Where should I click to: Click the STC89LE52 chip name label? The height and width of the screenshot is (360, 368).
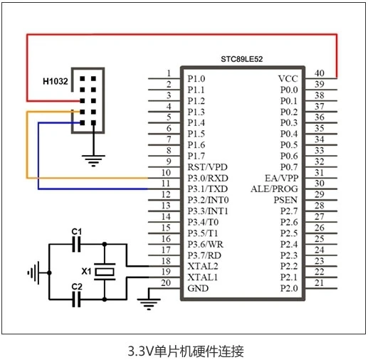(242, 59)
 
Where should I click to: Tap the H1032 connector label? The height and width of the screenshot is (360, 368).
(56, 81)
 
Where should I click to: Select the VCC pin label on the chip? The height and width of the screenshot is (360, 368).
(288, 79)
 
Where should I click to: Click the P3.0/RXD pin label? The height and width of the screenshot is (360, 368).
(208, 178)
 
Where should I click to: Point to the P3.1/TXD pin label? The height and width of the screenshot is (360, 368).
(208, 189)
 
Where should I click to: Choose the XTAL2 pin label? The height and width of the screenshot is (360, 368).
(203, 266)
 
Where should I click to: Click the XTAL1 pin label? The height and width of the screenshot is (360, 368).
(203, 277)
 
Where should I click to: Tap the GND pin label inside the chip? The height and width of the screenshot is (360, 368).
(198, 288)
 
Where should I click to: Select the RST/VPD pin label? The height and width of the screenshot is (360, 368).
(208, 167)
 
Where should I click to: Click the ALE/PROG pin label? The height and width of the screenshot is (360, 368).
(274, 189)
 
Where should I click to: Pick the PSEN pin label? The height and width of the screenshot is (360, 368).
(285, 200)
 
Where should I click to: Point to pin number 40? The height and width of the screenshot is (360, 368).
(320, 73)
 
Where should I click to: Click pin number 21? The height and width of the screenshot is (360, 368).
(319, 282)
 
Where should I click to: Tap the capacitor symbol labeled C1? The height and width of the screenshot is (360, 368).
(76, 244)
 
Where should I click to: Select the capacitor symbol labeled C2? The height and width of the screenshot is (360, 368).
(76, 300)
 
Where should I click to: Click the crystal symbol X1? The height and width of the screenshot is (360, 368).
(105, 272)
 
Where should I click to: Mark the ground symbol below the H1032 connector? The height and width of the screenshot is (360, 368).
(93, 161)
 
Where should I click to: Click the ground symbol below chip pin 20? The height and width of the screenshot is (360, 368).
(149, 305)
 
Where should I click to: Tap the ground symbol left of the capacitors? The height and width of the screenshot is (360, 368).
(33, 273)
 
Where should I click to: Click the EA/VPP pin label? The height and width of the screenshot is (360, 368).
(282, 178)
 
